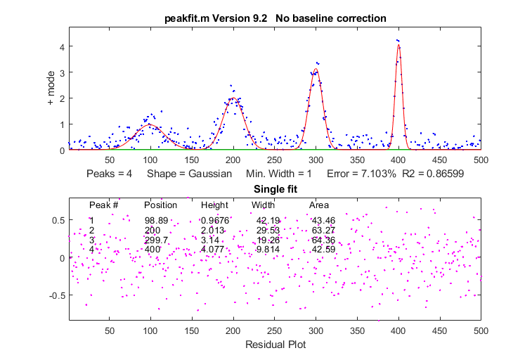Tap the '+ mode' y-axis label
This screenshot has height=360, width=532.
click(51, 91)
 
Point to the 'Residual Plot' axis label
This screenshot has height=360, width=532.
click(275, 345)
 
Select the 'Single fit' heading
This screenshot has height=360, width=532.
click(275, 190)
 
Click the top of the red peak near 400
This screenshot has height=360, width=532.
click(398, 45)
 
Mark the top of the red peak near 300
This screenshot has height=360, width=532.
click(316, 69)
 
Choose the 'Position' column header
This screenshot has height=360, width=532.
click(160, 205)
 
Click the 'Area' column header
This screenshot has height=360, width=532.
click(319, 205)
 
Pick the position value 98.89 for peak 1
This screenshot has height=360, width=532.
click(156, 221)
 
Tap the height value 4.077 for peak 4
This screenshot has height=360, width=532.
click(214, 249)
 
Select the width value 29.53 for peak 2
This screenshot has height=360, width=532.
click(268, 230)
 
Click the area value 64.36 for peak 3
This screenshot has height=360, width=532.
click(323, 240)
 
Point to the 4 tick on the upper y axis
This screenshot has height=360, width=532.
click(62, 46)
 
